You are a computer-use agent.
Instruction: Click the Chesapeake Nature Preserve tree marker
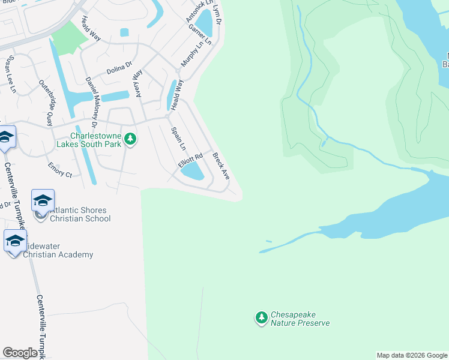(x=261, y=317)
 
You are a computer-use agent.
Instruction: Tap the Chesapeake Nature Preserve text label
(x=300, y=319)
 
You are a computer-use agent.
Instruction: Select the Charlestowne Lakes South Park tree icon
(x=130, y=140)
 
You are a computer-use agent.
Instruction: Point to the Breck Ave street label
(x=221, y=166)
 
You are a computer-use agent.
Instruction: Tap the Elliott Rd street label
(x=191, y=162)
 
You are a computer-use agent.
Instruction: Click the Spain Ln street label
(x=178, y=139)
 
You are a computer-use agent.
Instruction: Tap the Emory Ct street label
(x=60, y=167)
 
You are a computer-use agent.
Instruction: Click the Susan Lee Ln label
(x=11, y=75)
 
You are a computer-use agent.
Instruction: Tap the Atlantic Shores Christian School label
(x=79, y=214)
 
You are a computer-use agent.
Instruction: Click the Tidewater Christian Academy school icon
(x=15, y=241)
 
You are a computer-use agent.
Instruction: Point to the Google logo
(x=20, y=353)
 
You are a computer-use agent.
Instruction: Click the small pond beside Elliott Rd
(x=193, y=172)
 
